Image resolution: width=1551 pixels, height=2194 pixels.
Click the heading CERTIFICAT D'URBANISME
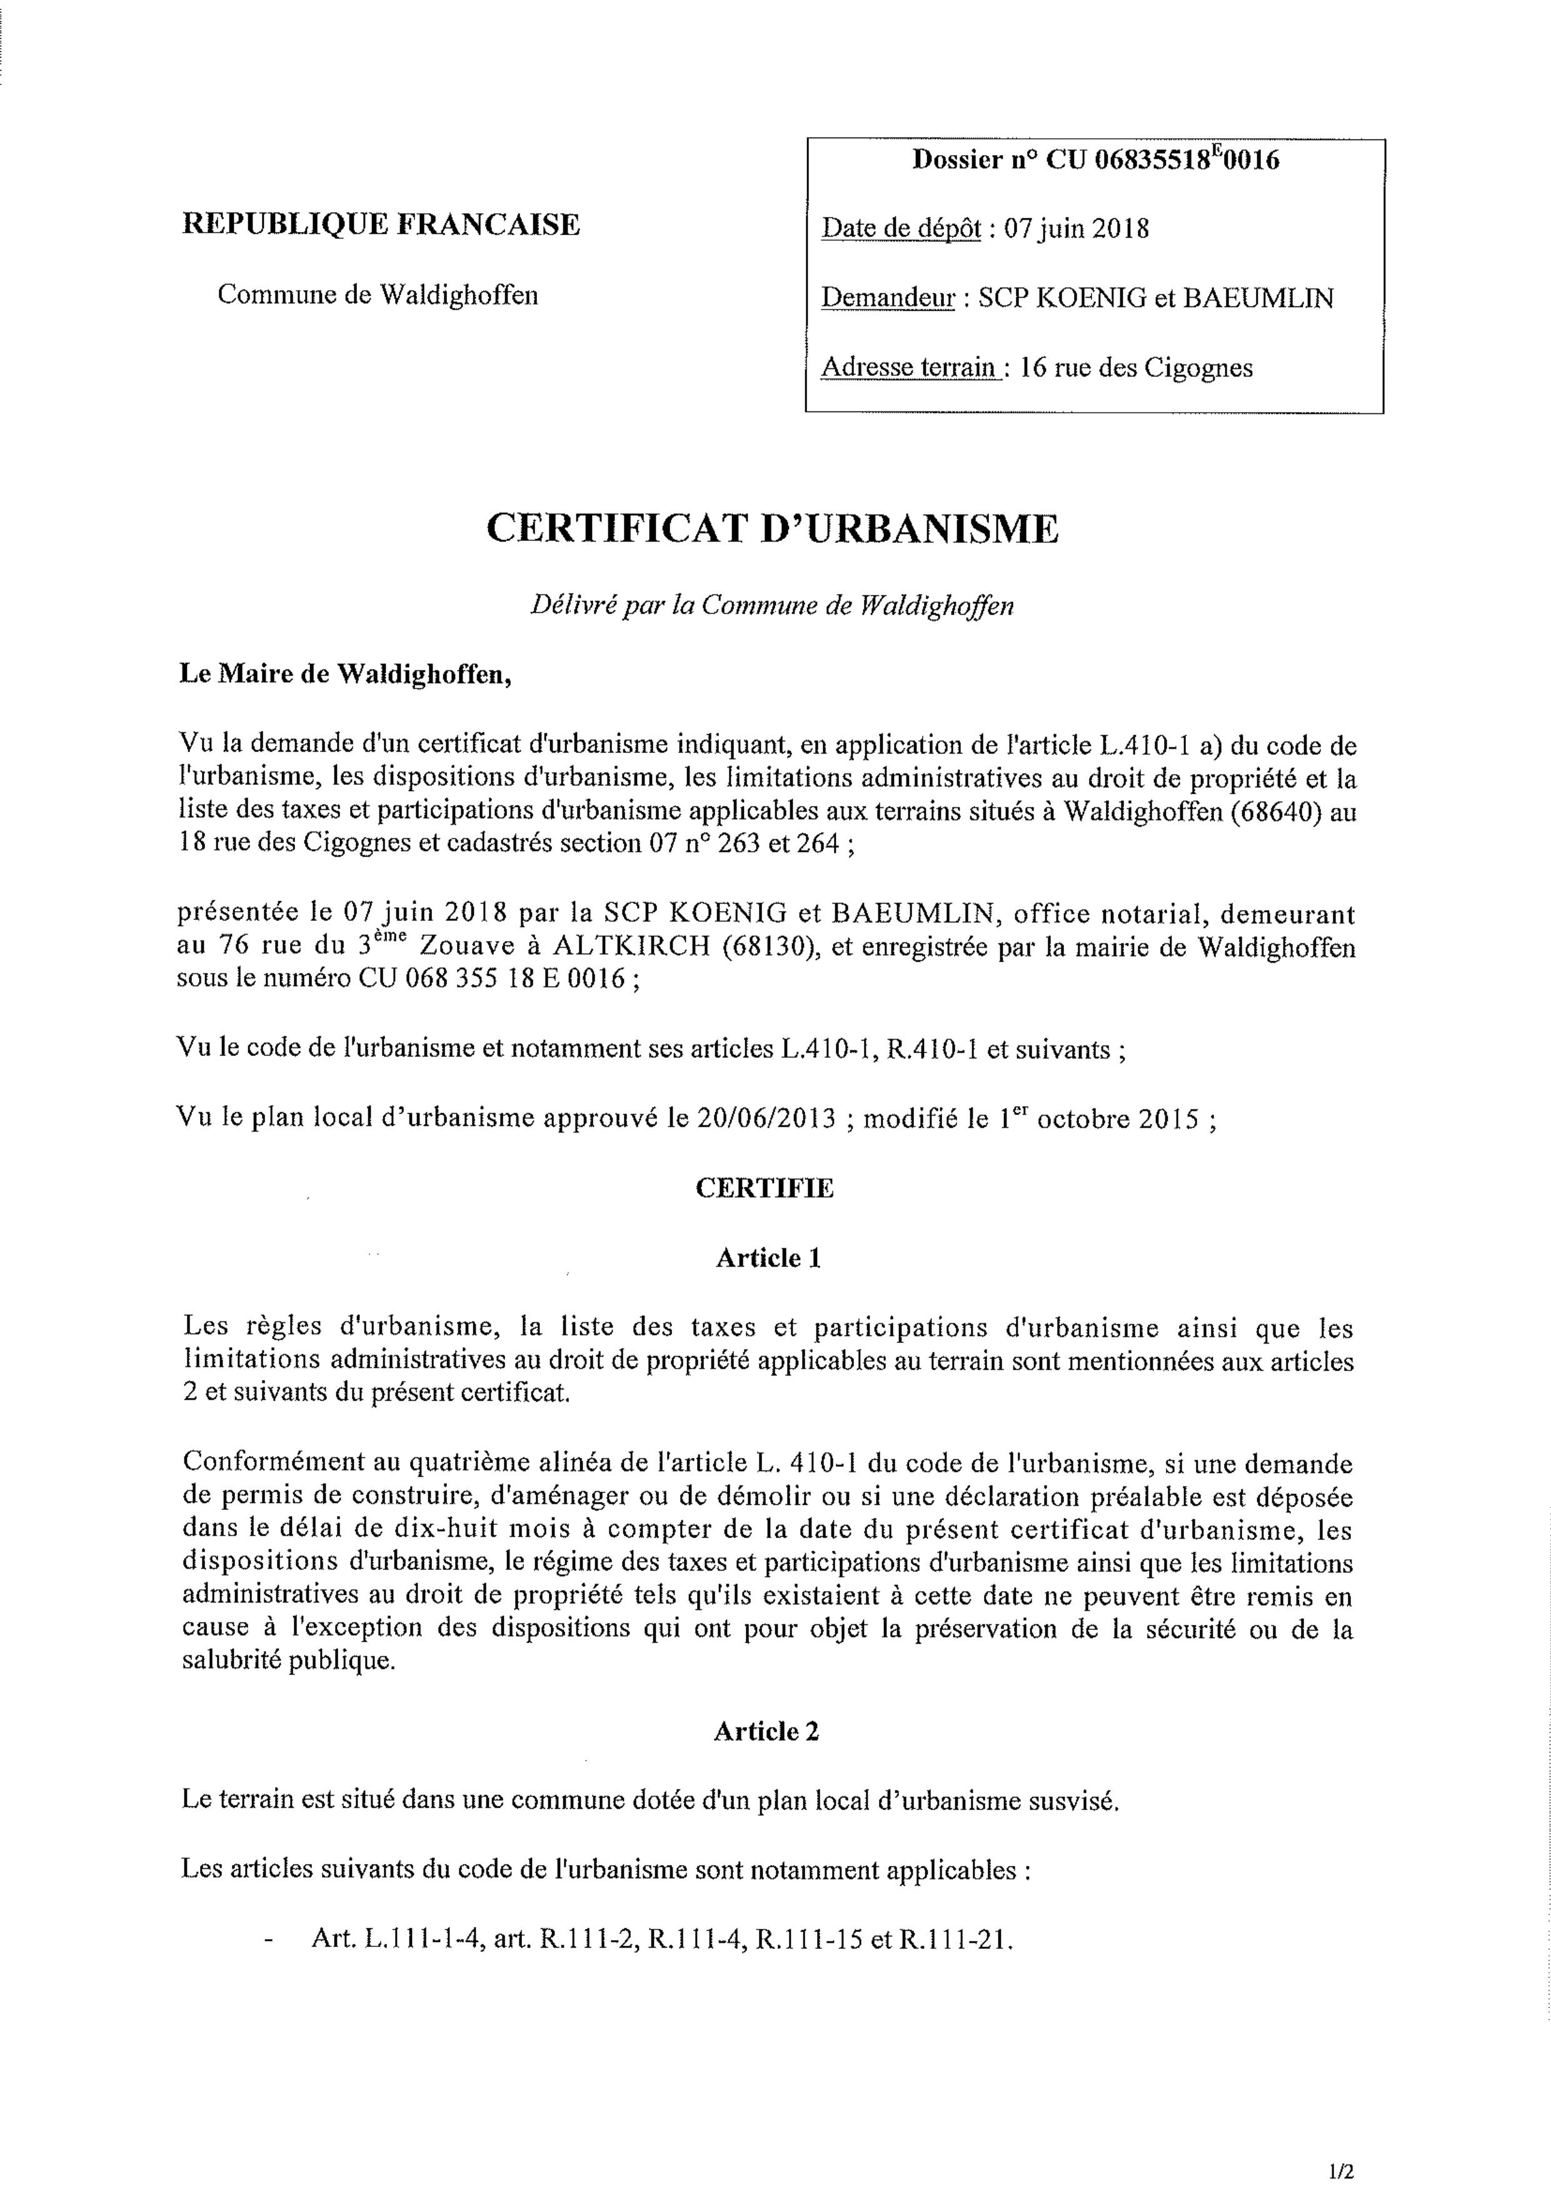point(772,528)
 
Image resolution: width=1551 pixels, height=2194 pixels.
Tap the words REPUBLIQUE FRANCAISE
point(380,224)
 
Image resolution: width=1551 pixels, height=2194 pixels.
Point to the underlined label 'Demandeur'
point(889,298)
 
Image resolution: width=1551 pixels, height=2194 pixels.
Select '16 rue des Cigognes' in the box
point(1135,368)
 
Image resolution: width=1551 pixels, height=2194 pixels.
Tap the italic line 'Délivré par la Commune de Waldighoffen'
point(772,606)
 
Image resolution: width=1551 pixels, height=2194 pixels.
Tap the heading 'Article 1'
point(768,1257)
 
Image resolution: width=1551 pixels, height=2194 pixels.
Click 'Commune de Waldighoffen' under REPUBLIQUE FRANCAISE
point(378,294)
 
